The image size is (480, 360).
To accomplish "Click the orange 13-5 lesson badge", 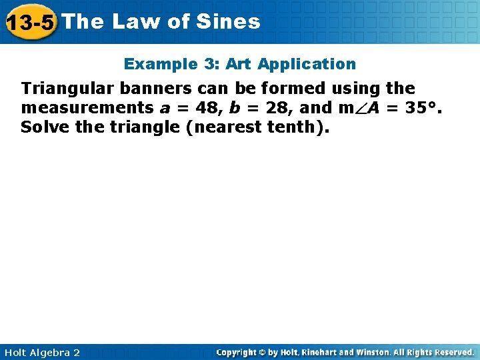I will point(30,22).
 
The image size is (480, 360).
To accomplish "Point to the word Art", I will point(239,64).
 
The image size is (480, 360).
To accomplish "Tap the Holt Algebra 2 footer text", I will point(41,352).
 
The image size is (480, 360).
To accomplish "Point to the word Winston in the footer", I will point(376,352).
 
